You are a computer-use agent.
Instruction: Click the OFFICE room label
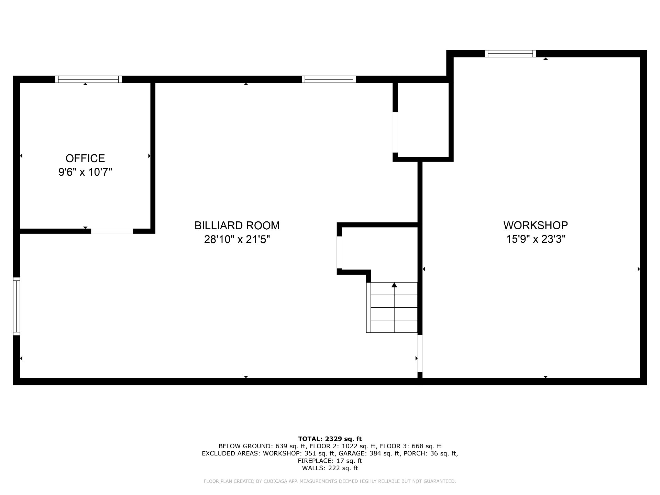coord(85,158)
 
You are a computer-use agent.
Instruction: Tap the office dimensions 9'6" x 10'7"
coord(85,172)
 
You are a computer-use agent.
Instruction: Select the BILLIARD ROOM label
coord(237,225)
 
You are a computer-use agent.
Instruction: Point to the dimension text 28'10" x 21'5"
coord(237,239)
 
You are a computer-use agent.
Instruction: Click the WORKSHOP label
coord(536,225)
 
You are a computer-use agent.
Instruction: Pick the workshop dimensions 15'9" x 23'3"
coord(536,239)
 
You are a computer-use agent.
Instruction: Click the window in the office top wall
coord(88,79)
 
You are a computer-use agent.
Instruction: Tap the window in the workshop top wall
coord(510,53)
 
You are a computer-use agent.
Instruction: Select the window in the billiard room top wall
coord(329,79)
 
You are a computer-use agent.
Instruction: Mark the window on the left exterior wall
coord(16,306)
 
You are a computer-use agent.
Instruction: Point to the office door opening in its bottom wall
coord(112,231)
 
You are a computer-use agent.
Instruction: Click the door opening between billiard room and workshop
coord(420,353)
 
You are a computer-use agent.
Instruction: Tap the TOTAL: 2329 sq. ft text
coord(330,439)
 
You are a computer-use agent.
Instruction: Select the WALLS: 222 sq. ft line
coord(330,468)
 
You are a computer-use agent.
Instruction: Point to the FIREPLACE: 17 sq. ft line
coord(330,461)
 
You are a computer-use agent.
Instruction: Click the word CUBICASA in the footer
coord(275,481)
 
